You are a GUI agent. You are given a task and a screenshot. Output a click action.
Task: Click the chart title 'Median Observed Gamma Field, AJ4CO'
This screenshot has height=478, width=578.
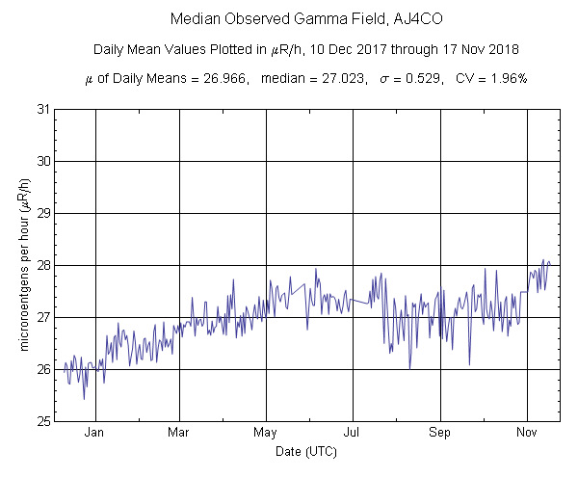tap(305, 19)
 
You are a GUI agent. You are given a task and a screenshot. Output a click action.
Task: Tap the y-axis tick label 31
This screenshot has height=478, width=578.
tap(43, 109)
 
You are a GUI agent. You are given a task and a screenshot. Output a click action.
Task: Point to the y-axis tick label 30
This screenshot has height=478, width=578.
tap(43, 161)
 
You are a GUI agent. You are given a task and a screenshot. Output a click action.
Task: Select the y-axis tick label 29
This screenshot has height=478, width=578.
tap(43, 213)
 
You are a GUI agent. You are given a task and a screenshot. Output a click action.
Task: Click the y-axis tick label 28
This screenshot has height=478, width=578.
tap(43, 265)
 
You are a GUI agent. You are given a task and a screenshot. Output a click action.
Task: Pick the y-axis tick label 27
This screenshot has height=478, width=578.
tap(43, 317)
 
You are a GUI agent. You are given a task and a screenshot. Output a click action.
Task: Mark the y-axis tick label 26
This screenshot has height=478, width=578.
tap(43, 369)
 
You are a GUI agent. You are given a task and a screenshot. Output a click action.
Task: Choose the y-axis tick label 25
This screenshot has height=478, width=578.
tap(43, 421)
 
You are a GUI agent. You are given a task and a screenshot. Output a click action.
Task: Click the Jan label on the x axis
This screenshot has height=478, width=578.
tap(94, 433)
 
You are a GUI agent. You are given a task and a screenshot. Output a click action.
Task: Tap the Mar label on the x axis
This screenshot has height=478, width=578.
tap(180, 433)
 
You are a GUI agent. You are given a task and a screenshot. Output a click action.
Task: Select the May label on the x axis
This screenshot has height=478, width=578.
tap(267, 433)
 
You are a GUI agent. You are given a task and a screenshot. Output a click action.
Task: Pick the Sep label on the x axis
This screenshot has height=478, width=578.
tap(440, 433)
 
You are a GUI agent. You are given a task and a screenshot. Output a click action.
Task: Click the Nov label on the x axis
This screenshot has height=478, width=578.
tap(527, 433)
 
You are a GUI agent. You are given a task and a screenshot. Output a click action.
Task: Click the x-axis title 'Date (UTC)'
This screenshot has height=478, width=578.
tap(305, 451)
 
